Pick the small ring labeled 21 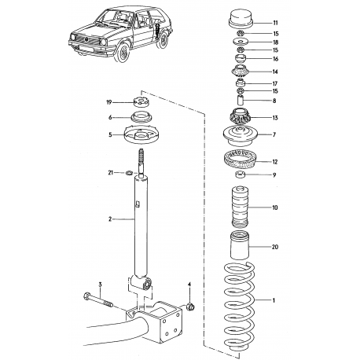130,172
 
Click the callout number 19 110,102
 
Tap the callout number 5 110,133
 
